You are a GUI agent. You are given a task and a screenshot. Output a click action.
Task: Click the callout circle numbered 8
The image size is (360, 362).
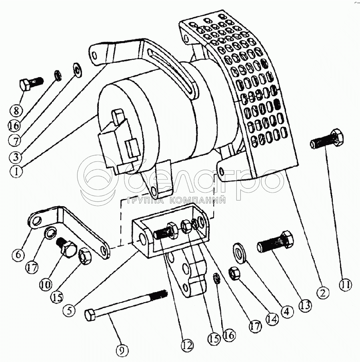coord(16,111)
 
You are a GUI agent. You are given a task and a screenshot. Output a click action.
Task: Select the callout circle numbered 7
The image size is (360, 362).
coord(15,140)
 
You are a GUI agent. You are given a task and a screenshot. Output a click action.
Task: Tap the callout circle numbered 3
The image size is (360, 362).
coord(16,157)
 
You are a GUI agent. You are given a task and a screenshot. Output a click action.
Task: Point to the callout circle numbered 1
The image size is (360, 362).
coord(16,171)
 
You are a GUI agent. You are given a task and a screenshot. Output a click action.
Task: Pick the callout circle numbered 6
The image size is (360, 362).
coord(18,255)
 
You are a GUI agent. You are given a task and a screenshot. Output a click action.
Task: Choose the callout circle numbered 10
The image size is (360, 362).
coord(46,284)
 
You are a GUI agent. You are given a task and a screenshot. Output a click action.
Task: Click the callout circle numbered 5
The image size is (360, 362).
coord(70,310)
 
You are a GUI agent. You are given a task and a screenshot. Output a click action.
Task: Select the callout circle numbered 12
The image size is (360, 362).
coord(187,345)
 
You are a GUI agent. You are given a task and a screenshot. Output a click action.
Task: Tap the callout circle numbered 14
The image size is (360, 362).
coord(272,319)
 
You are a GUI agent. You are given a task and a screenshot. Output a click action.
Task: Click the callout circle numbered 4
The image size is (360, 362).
coord(286,311)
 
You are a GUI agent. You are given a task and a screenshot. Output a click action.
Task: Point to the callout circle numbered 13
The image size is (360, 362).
coord(305,305)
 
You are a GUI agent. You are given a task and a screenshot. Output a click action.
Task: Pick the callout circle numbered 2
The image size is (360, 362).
coord(322,293)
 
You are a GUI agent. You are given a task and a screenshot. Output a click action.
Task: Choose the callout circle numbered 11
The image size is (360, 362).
coord(346,284)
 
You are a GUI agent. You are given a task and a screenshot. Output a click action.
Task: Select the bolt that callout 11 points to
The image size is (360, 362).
coord(326,139)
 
